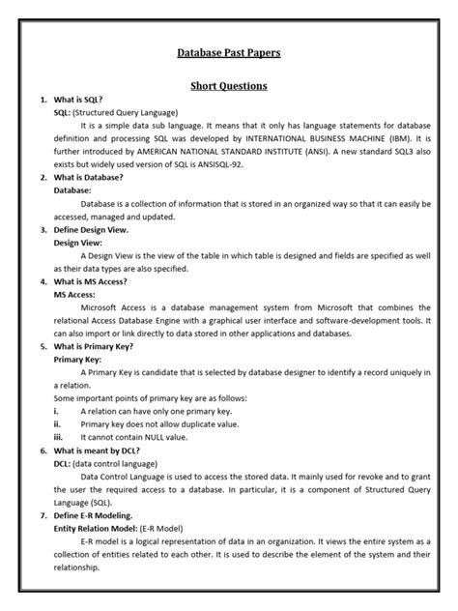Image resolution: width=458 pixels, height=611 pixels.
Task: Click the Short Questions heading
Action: (229, 86)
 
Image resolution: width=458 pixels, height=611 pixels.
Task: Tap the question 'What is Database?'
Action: (93, 178)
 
